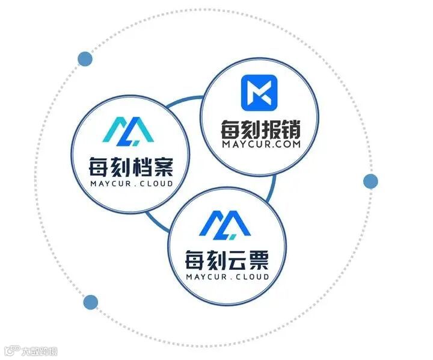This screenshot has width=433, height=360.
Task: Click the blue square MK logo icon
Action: click(259, 92)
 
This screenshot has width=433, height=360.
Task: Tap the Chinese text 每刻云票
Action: click(226, 261)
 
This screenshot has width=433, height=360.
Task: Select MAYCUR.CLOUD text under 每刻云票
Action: click(227, 278)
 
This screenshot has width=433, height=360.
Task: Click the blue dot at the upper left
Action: click(85, 58)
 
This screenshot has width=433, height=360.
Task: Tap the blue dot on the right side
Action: click(370, 181)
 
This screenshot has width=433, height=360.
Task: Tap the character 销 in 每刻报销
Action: click(291, 130)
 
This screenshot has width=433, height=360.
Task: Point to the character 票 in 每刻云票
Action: click(259, 261)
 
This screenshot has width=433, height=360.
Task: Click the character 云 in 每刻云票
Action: click(237, 261)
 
